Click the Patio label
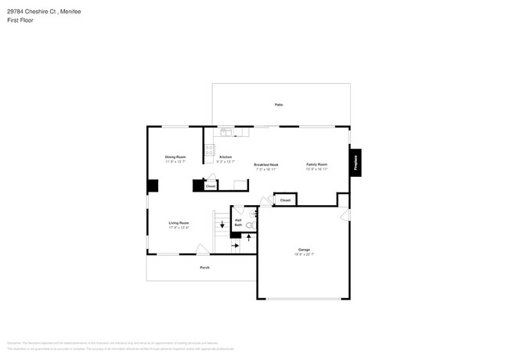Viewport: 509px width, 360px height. (x=278, y=104)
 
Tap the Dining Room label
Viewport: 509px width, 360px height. (x=175, y=157)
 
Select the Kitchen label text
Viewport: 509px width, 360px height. (x=226, y=157)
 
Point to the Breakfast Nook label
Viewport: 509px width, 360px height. (x=266, y=164)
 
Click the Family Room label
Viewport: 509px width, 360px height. (x=316, y=164)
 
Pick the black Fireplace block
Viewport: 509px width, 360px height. (x=356, y=164)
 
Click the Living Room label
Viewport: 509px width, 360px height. (x=179, y=223)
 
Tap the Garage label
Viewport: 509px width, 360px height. (x=304, y=250)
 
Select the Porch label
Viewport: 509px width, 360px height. (x=204, y=268)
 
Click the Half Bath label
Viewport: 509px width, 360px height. (x=238, y=222)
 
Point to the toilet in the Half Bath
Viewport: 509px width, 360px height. (x=251, y=225)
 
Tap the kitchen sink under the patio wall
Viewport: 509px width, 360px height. (x=225, y=132)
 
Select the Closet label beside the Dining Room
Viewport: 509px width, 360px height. (x=210, y=186)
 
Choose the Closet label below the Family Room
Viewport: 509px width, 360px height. (x=285, y=200)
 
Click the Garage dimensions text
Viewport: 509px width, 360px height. (x=304, y=254)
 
